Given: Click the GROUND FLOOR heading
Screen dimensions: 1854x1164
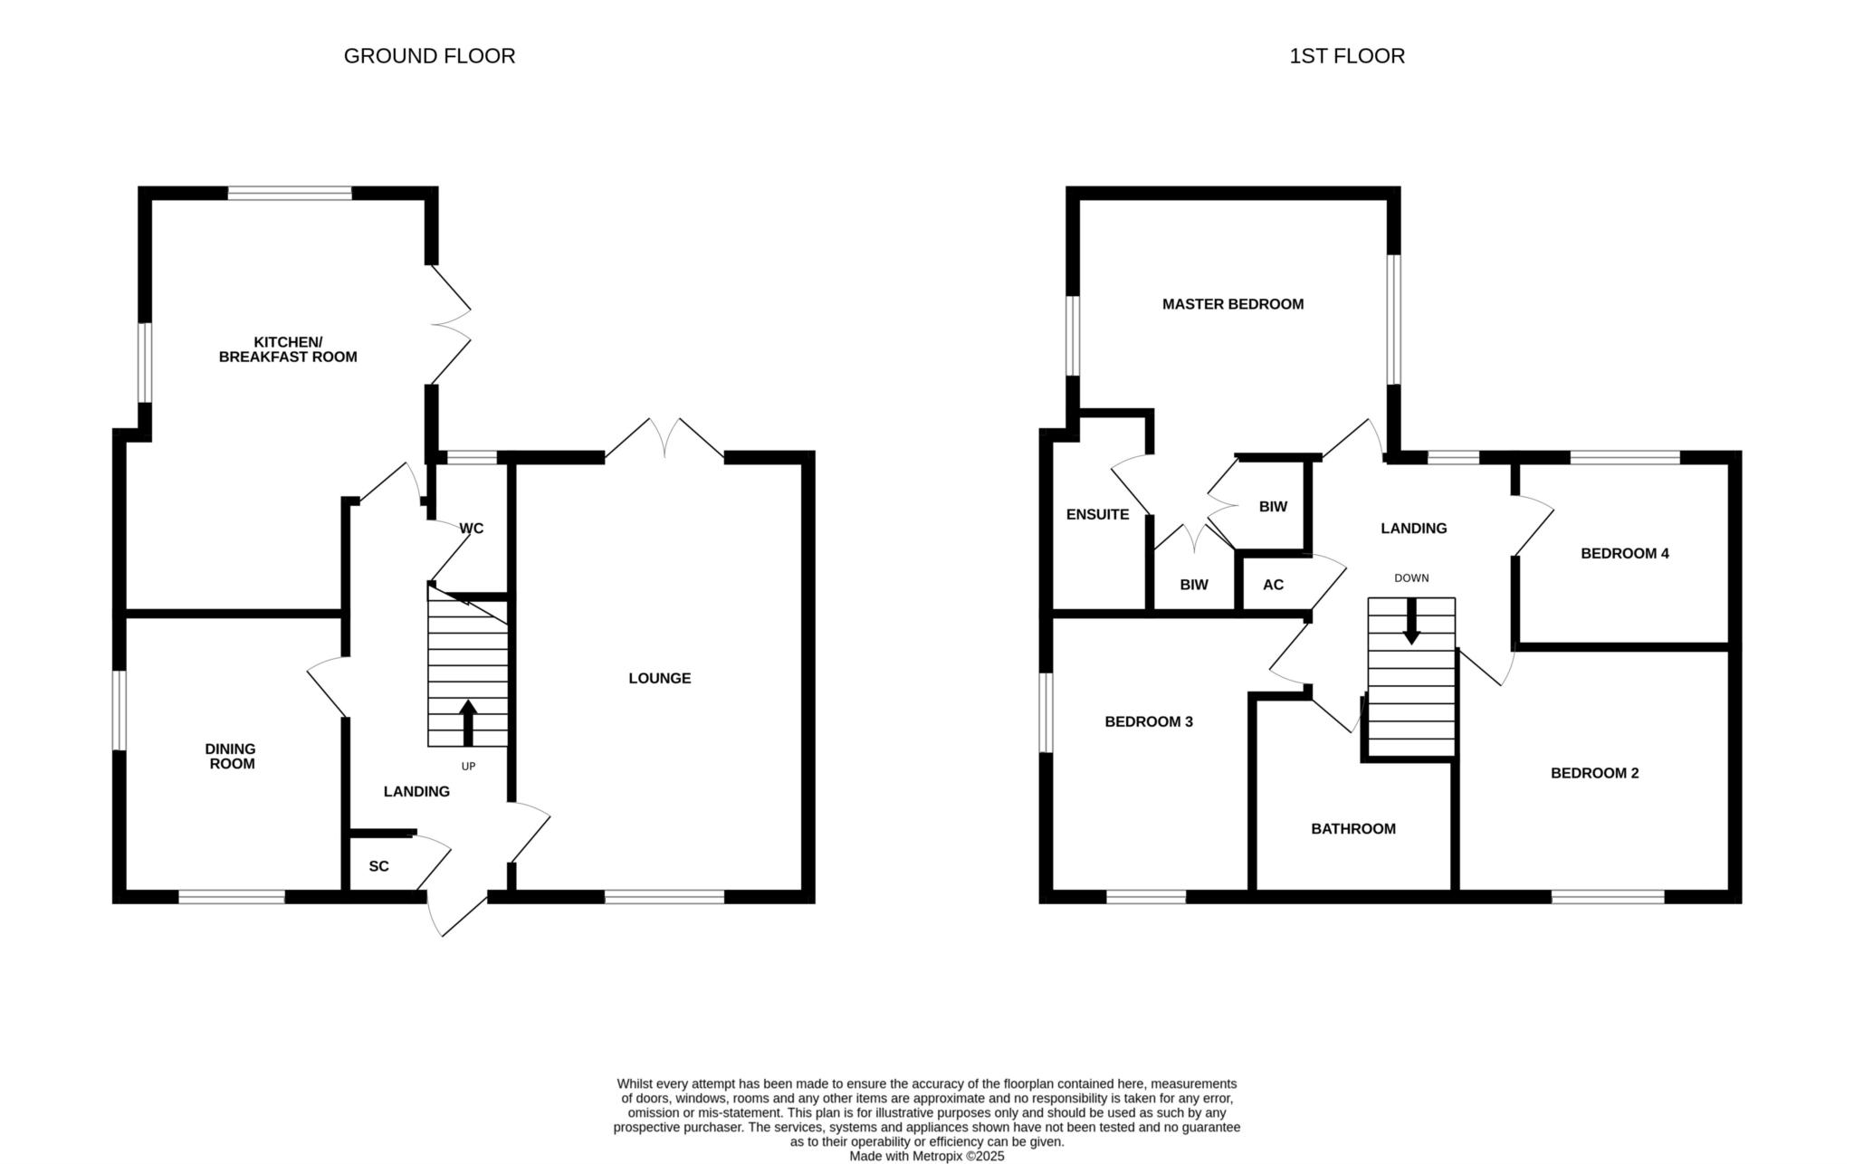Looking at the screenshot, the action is click(429, 56).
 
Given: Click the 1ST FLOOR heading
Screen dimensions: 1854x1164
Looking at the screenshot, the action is click(1347, 56).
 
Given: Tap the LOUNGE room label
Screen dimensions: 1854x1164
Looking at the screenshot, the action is click(660, 678).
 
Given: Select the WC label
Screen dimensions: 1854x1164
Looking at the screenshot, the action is click(472, 529).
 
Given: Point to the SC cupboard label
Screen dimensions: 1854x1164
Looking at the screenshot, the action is click(379, 866).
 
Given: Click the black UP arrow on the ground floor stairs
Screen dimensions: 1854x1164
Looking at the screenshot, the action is click(468, 722).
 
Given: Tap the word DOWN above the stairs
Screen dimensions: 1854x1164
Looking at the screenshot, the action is click(1411, 577).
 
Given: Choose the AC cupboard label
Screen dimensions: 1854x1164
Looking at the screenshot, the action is click(1273, 585).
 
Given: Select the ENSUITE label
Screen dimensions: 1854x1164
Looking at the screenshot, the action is click(1097, 514).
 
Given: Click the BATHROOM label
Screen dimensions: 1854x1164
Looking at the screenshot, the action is click(1353, 828).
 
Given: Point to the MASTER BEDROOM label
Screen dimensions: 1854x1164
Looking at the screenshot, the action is click(1233, 304).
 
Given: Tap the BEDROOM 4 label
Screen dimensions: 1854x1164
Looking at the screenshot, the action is click(1625, 553).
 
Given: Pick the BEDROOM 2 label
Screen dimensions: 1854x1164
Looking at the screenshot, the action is click(1595, 773).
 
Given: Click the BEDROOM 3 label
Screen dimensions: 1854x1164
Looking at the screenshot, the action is click(1149, 721).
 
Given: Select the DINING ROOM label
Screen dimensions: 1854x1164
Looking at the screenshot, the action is click(230, 756).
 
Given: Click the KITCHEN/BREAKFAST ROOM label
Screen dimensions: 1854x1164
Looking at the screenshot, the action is click(288, 349).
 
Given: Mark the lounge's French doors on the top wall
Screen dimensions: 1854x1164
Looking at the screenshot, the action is click(664, 440).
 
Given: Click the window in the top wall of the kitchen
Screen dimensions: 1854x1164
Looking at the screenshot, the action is click(290, 193).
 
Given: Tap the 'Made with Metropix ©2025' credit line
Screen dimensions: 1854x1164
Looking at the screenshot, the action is click(927, 1156).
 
